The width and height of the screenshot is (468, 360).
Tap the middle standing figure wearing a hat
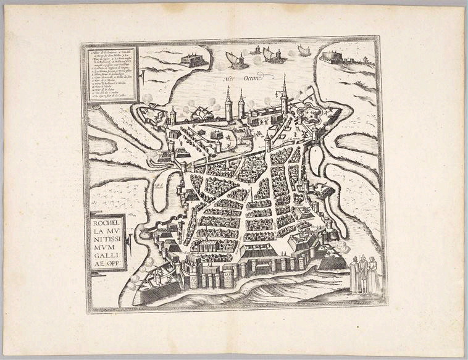pyautogui.click(x=364, y=272)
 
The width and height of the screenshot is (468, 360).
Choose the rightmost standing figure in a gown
pyautogui.click(x=373, y=275)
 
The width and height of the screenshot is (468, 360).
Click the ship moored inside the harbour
pyautogui.click(x=204, y=113)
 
